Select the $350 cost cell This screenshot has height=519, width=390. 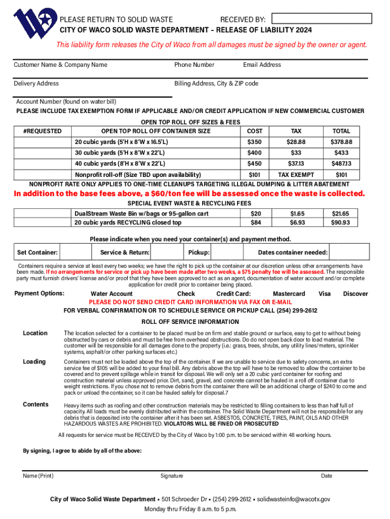[x=254, y=142]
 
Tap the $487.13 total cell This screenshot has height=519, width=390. [x=341, y=164]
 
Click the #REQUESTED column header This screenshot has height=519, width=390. [x=43, y=131]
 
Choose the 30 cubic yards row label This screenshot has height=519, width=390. [x=120, y=153]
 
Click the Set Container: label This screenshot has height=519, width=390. [x=37, y=252]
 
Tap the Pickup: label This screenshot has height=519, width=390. [x=199, y=252]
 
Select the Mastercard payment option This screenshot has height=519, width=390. [x=289, y=294]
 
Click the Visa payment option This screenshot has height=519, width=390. [x=325, y=294]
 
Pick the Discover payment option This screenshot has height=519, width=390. [x=356, y=294]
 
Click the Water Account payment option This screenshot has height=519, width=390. [x=111, y=294]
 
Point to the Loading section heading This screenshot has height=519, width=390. [x=34, y=362]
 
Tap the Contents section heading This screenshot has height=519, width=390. [x=35, y=404]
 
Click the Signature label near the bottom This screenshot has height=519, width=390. [x=172, y=476]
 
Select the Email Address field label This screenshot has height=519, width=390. [x=262, y=65]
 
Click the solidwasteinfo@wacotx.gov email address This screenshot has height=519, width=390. [x=294, y=499]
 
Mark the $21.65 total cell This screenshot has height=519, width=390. [x=341, y=214]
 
